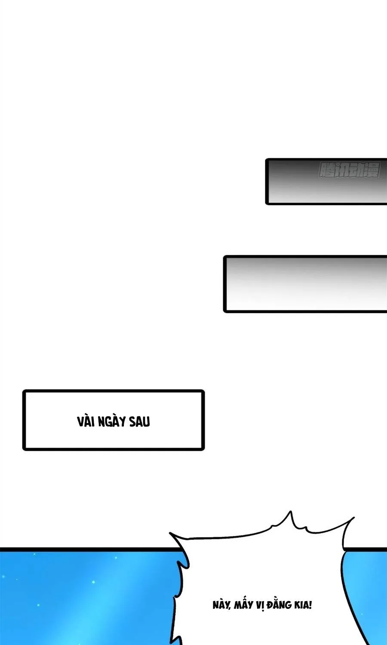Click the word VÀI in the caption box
tap(86, 421)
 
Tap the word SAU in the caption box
tap(139, 421)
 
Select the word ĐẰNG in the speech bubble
tap(280, 605)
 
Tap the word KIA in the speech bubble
tap(302, 605)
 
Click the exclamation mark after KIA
tap(310, 605)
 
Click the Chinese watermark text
tap(349, 171)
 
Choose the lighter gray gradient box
tap(305, 284)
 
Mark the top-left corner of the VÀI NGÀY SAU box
tap(24, 392)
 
